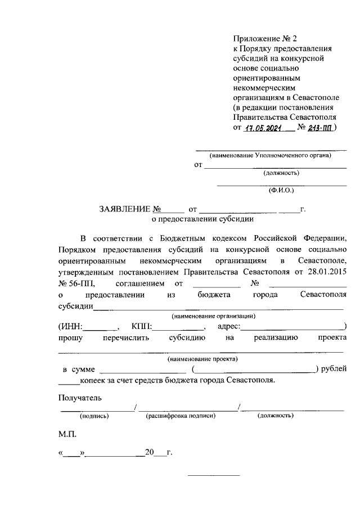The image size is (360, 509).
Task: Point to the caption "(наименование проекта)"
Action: point(202,358)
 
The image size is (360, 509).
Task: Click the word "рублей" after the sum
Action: point(334,369)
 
